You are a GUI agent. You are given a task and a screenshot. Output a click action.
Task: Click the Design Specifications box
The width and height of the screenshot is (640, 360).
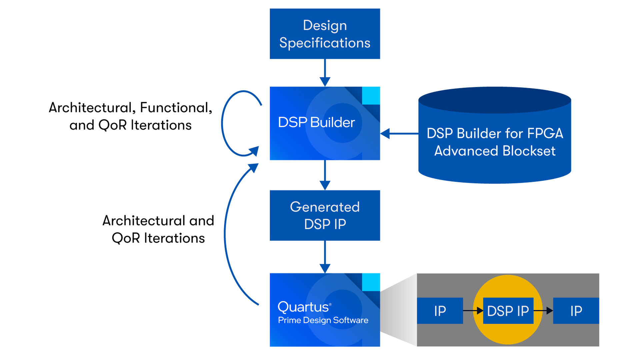tap(325, 34)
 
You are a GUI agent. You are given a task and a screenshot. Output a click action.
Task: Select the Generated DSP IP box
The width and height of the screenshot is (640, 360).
tap(325, 215)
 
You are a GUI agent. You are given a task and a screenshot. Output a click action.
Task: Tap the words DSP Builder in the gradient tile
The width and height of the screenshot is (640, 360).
tap(316, 122)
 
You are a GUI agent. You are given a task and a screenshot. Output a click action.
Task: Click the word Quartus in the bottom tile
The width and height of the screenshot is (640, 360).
tap(303, 307)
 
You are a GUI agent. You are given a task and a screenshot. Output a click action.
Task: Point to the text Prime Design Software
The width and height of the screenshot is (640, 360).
tap(323, 320)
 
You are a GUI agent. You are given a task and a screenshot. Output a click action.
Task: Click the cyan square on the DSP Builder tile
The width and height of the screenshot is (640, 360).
tap(371, 96)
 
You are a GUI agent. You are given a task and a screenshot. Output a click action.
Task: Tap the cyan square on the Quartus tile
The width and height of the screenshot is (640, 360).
tap(371, 282)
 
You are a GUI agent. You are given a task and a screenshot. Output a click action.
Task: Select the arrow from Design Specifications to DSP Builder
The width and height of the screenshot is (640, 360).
tap(325, 73)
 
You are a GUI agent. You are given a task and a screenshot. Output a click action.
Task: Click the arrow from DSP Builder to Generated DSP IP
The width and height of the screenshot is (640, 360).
tap(325, 175)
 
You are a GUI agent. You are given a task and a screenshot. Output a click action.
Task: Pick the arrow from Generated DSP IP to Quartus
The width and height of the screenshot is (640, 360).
tap(325, 257)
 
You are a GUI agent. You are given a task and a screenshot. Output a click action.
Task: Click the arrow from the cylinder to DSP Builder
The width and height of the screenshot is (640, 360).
tap(399, 134)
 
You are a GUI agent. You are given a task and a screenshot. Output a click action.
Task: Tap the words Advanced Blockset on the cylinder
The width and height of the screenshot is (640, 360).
tap(495, 151)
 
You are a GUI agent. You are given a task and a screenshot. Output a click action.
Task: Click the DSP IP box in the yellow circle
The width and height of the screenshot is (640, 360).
tap(508, 311)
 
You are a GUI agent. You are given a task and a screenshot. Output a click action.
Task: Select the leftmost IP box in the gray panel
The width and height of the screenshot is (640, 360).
tap(440, 311)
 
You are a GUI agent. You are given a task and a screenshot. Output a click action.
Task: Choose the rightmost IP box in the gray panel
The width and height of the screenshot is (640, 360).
tap(576, 311)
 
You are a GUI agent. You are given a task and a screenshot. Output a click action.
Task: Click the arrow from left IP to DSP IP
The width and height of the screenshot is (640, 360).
tap(473, 311)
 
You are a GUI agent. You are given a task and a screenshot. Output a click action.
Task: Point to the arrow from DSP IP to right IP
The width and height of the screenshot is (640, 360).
tap(543, 311)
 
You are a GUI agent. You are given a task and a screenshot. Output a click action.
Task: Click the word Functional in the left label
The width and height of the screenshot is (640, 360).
tap(176, 108)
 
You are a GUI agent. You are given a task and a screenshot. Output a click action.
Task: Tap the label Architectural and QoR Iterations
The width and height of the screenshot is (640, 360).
tap(158, 229)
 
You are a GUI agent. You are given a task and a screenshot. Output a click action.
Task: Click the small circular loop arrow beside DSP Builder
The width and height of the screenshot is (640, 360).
tap(222, 123)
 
